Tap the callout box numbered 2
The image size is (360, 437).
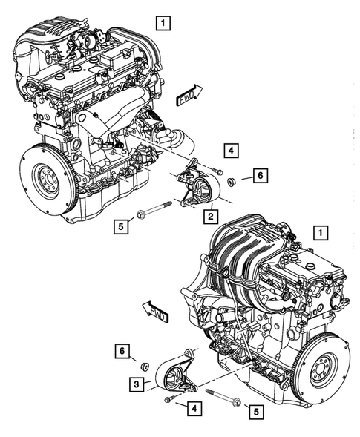point(212,216)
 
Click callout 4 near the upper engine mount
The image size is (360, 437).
point(232,152)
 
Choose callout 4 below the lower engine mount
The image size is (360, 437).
point(193,407)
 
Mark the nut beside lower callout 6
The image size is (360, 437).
point(146,366)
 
